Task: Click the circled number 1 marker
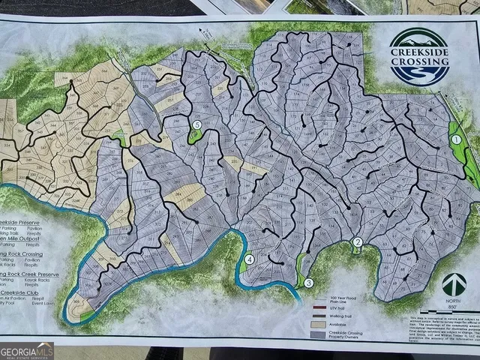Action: pos(455,139)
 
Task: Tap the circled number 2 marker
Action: pos(358,241)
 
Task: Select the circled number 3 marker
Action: pos(307,283)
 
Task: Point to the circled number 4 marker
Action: pos(250,260)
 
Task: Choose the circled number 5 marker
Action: pos(196,125)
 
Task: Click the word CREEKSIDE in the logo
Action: pos(419,52)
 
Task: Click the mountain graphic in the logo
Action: pos(419,39)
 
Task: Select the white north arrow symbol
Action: pos(450,284)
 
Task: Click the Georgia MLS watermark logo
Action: pos(27,350)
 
